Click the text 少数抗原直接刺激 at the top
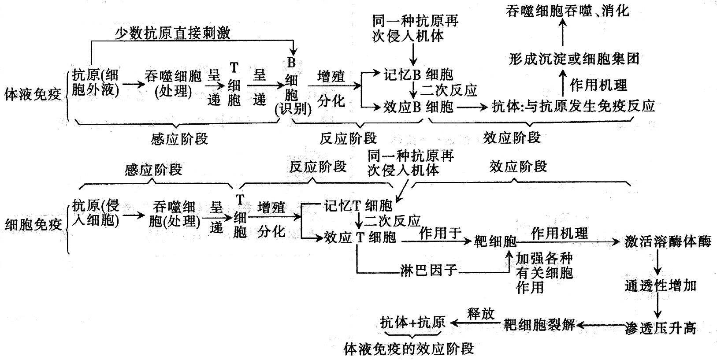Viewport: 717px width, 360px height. coord(172,33)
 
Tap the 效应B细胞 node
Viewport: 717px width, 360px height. coord(418,106)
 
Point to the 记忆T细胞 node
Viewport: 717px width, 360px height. coord(358,205)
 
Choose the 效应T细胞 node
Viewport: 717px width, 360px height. coord(360,238)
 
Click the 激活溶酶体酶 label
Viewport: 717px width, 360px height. coord(668,241)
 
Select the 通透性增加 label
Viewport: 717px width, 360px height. coord(660,286)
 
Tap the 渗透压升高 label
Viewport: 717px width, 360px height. coord(660,327)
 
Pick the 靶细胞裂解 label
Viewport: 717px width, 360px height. coord(539,325)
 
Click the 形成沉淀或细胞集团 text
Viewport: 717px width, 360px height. coord(574,59)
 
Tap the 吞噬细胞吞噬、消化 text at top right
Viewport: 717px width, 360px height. coord(568,11)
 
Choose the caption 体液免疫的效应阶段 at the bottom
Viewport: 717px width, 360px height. coord(409,349)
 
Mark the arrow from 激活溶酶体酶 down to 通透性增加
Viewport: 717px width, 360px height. coord(658,264)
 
